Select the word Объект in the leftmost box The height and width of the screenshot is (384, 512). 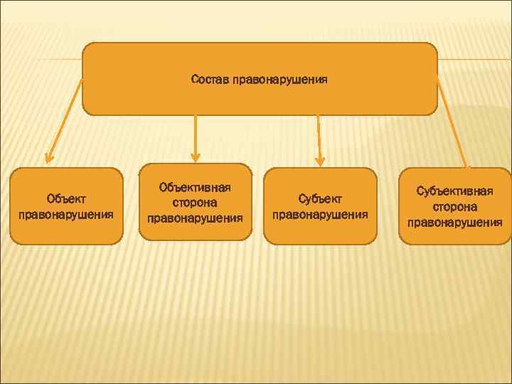(x=66, y=200)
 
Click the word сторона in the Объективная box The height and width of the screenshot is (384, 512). (x=195, y=203)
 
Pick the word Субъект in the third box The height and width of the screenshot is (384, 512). (x=320, y=200)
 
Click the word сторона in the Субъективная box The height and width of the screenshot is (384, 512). (x=455, y=206)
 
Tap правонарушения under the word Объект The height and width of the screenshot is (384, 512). (x=66, y=214)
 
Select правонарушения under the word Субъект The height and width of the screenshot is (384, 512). (x=320, y=214)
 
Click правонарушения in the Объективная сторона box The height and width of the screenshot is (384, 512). (x=195, y=218)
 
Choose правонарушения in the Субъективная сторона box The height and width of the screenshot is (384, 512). (x=455, y=222)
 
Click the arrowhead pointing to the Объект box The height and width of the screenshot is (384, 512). (x=48, y=158)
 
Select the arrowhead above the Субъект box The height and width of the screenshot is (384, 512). (x=320, y=159)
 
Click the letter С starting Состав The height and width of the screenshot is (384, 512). (x=194, y=80)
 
